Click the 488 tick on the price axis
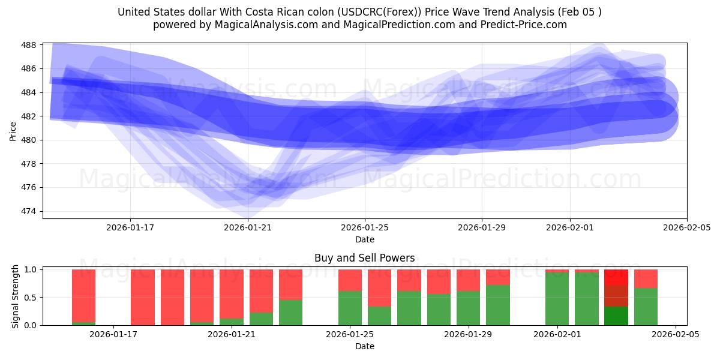click(x=29, y=45)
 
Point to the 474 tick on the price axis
click(x=29, y=211)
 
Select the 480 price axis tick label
click(x=29, y=140)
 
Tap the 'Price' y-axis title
click(x=13, y=131)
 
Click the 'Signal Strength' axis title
click(x=16, y=296)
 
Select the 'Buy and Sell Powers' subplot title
click(x=364, y=258)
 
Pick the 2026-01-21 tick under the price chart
click(x=248, y=227)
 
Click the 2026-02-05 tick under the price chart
click(x=686, y=227)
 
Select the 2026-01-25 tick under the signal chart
click(x=350, y=334)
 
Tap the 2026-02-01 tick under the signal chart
click(x=557, y=334)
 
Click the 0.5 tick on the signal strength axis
click(x=29, y=298)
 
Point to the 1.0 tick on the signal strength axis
click(x=29, y=269)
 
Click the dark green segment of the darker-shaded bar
click(x=616, y=316)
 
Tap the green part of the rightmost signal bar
click(x=646, y=307)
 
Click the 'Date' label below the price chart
click(x=364, y=239)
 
